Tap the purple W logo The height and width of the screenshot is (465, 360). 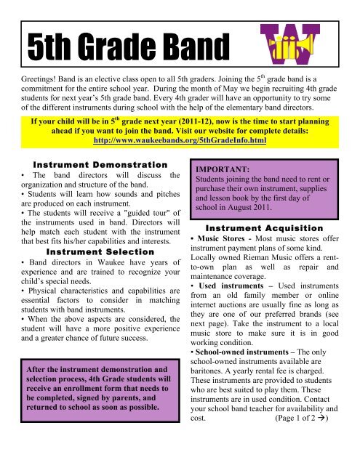click(x=291, y=45)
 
